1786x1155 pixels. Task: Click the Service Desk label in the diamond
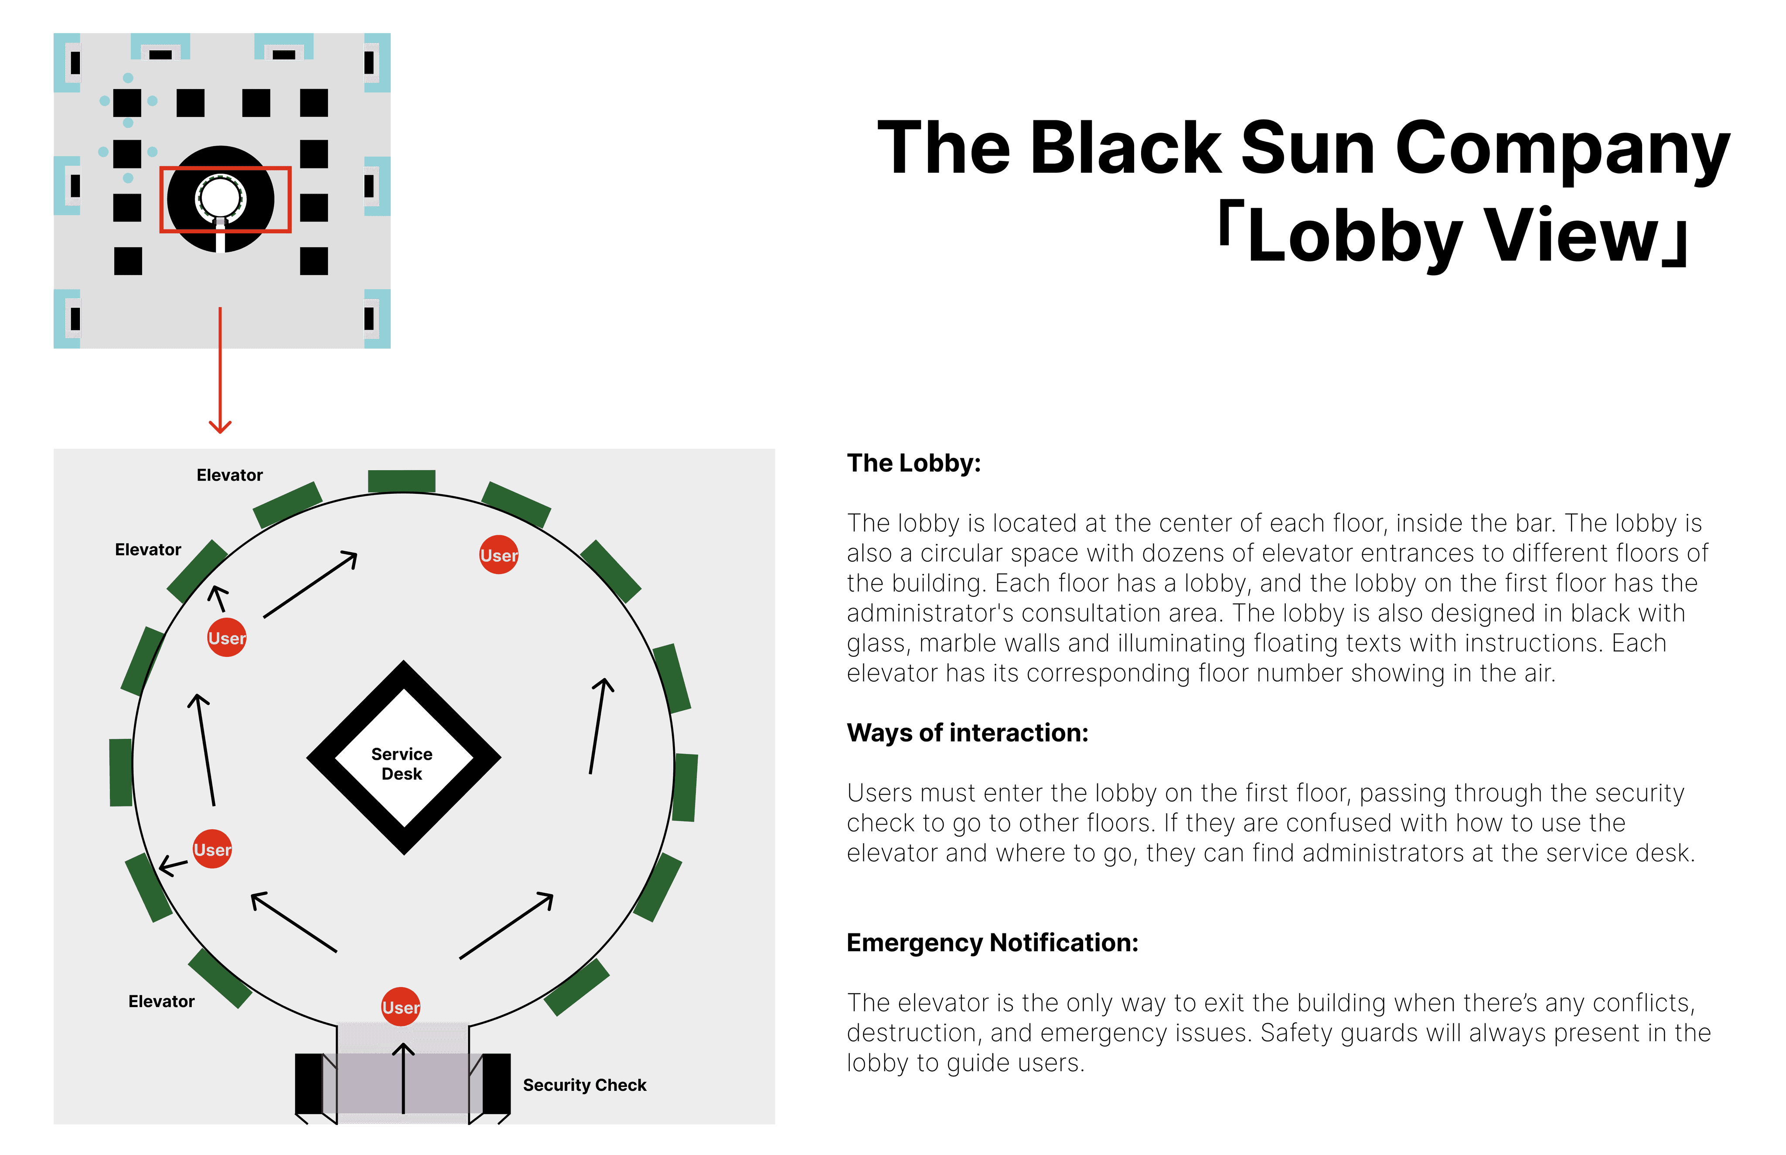pos(402,763)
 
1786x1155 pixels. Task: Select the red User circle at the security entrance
pos(401,1007)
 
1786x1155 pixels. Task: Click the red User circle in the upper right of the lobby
pos(499,555)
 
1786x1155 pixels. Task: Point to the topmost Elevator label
pos(229,475)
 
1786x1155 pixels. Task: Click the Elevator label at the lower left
pos(161,1001)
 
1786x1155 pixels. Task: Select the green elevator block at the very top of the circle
pos(402,481)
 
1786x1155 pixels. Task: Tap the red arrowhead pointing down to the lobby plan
pos(220,426)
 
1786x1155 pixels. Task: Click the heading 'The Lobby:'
pos(913,464)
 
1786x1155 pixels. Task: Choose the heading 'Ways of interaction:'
pos(967,733)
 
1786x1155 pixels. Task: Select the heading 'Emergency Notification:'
pos(992,943)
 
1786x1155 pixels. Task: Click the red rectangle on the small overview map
pos(225,169)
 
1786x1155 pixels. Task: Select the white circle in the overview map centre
pos(221,197)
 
